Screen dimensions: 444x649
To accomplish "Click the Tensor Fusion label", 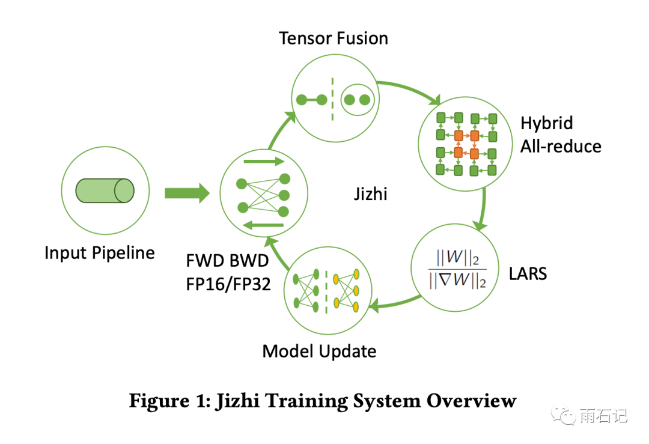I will pyautogui.click(x=334, y=38).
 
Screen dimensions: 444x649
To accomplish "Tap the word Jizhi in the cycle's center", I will pyautogui.click(x=371, y=194).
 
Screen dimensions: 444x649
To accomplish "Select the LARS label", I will pyautogui.click(x=527, y=273).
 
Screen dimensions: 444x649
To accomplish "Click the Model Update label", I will pyautogui.click(x=319, y=351).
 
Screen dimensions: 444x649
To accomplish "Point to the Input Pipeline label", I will pyautogui.click(x=99, y=252).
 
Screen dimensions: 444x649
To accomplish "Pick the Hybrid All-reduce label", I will pyautogui.click(x=560, y=135).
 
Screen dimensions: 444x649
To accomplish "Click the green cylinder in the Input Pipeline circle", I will pyautogui.click(x=105, y=191).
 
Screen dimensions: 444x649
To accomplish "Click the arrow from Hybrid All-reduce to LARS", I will pyautogui.click(x=482, y=210).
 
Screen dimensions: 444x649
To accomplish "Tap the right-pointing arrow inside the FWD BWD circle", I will pyautogui.click(x=263, y=162).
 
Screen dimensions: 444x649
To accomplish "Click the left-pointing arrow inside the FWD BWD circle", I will pyautogui.click(x=263, y=225).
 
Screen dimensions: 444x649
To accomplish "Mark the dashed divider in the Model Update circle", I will pyautogui.click(x=326, y=291).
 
